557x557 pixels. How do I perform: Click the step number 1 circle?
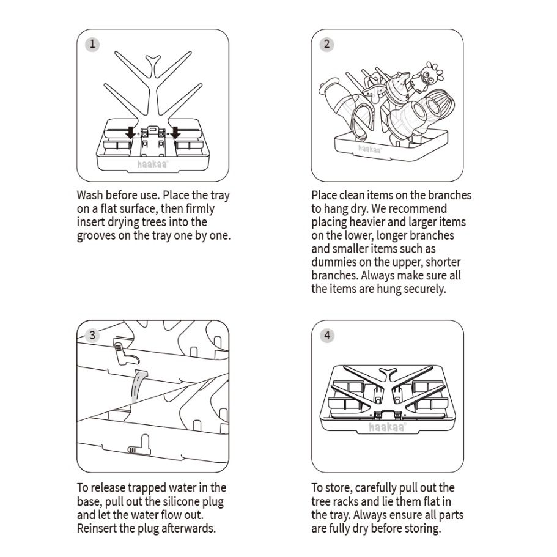coord(92,45)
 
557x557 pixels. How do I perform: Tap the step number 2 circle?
coord(327,45)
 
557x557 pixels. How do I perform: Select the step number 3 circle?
coord(92,335)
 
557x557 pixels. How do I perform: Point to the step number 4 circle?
coord(327,335)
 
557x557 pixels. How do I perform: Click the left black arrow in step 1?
coord(131,132)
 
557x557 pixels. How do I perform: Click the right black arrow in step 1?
coord(175,132)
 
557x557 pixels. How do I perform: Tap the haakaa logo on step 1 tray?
coord(153,164)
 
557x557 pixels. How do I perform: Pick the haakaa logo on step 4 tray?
coord(388,427)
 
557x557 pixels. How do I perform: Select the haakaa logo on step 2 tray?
coord(370,149)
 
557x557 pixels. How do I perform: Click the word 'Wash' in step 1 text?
coord(89,196)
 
